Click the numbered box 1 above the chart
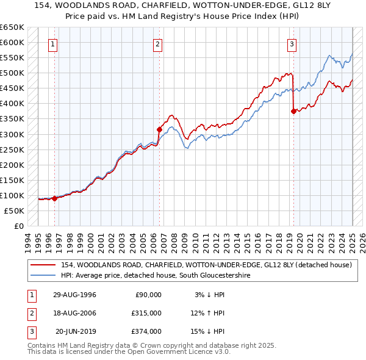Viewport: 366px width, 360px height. [x=53, y=44]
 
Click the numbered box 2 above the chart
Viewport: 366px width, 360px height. [x=157, y=44]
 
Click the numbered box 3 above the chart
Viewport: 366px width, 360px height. [x=292, y=44]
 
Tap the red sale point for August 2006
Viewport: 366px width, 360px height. [x=159, y=129]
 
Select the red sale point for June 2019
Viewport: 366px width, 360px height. [x=293, y=111]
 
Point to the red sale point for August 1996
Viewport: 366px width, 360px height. [x=54, y=198]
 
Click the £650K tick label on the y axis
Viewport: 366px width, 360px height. [x=12, y=27]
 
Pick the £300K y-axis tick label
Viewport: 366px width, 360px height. [x=12, y=134]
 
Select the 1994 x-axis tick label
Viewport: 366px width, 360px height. [x=28, y=242]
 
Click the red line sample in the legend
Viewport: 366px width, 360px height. [x=43, y=265]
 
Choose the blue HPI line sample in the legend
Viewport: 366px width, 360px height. [x=43, y=275]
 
